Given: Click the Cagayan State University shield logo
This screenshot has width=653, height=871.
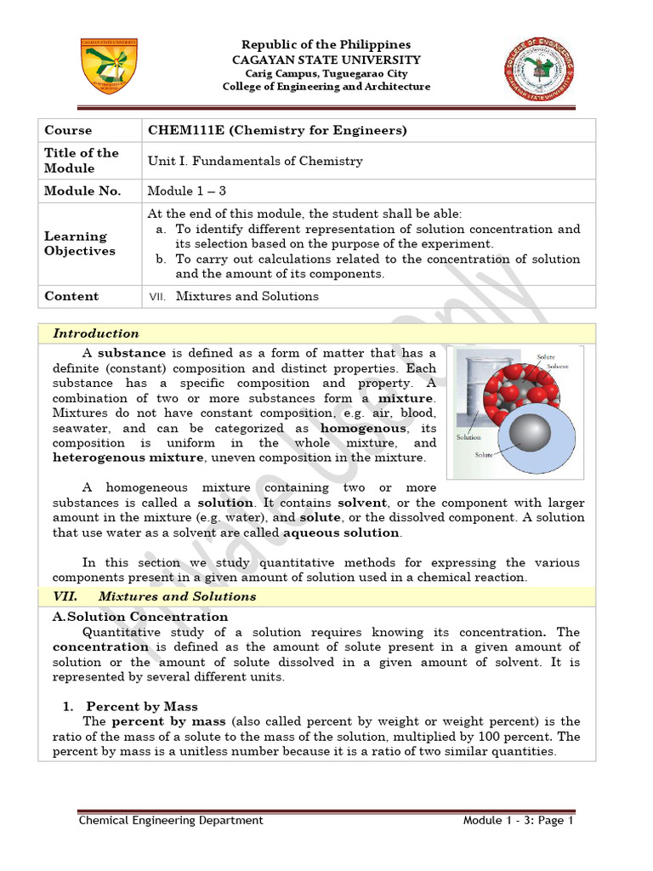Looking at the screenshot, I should tap(109, 65).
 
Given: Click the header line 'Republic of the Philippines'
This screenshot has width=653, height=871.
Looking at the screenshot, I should tap(326, 44).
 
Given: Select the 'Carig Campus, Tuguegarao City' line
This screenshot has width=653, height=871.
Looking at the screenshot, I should tap(326, 74).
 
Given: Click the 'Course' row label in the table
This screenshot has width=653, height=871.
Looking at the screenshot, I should tap(68, 130).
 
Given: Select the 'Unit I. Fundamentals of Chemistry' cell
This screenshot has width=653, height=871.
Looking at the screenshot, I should tap(255, 161).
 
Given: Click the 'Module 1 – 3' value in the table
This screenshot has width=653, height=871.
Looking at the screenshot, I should tap(187, 191).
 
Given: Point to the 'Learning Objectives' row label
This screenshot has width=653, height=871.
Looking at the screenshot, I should tap(76, 243).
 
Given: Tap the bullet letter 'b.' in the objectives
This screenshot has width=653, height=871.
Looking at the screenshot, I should tap(161, 259).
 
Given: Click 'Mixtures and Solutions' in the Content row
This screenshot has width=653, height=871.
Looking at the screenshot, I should tap(247, 296).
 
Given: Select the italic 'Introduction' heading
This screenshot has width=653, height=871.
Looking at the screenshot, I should tap(96, 333).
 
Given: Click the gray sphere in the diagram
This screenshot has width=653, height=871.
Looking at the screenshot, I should tap(529, 435).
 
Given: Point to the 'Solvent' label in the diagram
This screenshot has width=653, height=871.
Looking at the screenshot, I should tap(557, 366).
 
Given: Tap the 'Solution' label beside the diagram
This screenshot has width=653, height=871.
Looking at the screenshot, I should tap(468, 437).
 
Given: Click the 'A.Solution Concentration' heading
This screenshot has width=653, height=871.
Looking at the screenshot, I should tap(140, 617).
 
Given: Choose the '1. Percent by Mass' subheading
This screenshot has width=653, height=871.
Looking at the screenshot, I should tap(131, 706).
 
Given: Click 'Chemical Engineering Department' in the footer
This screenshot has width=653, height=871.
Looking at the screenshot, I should tap(171, 821).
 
